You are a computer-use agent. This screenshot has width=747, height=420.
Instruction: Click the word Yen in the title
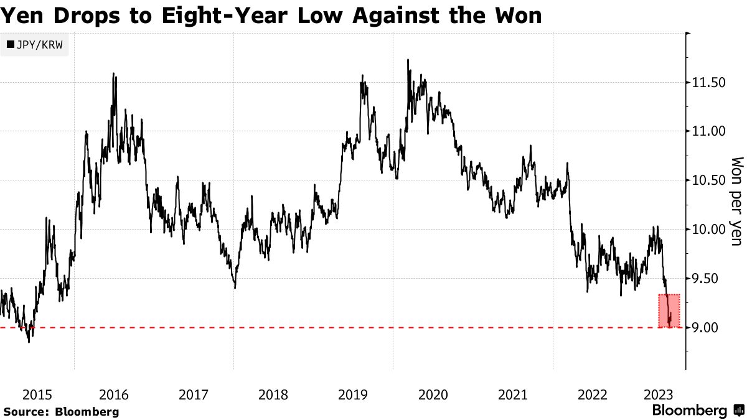click(x=21, y=16)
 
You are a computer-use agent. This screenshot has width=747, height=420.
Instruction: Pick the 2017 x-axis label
click(x=194, y=394)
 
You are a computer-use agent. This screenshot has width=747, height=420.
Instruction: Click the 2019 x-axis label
click(x=353, y=394)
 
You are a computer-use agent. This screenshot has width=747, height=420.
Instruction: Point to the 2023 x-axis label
click(x=658, y=394)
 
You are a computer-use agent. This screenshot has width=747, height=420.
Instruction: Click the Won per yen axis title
click(x=736, y=200)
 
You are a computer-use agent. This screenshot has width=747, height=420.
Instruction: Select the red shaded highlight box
click(x=669, y=310)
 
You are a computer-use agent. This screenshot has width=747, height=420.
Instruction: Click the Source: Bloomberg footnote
click(x=60, y=411)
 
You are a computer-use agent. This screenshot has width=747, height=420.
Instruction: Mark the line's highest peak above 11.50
click(x=408, y=60)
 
